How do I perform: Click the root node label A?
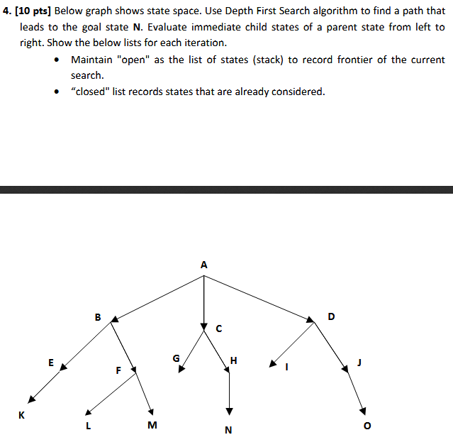point(204,265)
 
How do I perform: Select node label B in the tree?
point(98,316)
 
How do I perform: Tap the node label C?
point(219,329)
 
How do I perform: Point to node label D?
point(330,316)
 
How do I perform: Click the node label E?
point(50,362)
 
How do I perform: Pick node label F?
point(118,370)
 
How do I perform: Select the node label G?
point(176,358)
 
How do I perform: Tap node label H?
point(234,362)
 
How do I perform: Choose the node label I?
point(287,368)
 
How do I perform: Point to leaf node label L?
point(88,426)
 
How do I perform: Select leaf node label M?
point(152,426)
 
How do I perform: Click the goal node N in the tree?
point(228,430)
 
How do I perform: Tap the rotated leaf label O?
point(367,426)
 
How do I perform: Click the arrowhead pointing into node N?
point(229,412)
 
